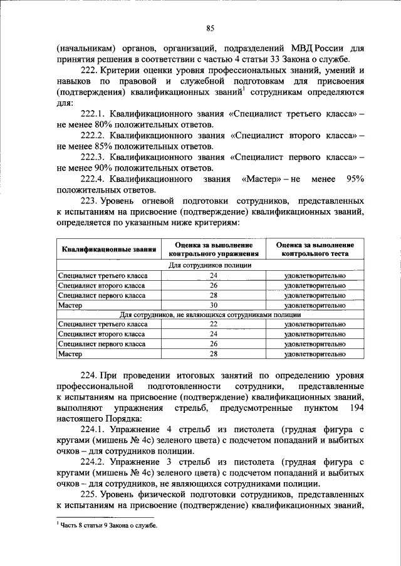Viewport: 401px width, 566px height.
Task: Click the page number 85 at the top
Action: (x=210, y=28)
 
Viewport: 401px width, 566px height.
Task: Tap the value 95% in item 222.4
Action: (x=355, y=179)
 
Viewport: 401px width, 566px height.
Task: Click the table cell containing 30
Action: (x=213, y=305)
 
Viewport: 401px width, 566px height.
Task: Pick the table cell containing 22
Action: (x=213, y=324)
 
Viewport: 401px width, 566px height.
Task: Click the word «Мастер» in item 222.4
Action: (x=257, y=179)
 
